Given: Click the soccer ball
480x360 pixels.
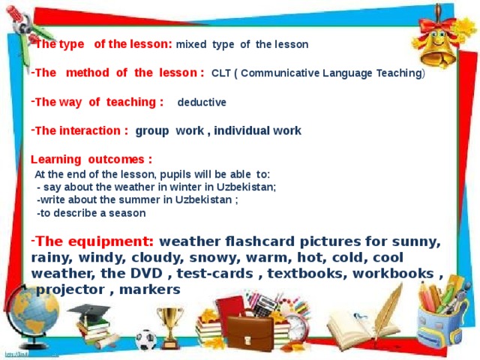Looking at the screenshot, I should click(x=145, y=340).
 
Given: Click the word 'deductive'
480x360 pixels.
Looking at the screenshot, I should click(x=201, y=102).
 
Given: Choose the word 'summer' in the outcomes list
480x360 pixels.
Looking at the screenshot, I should click(x=132, y=199).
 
